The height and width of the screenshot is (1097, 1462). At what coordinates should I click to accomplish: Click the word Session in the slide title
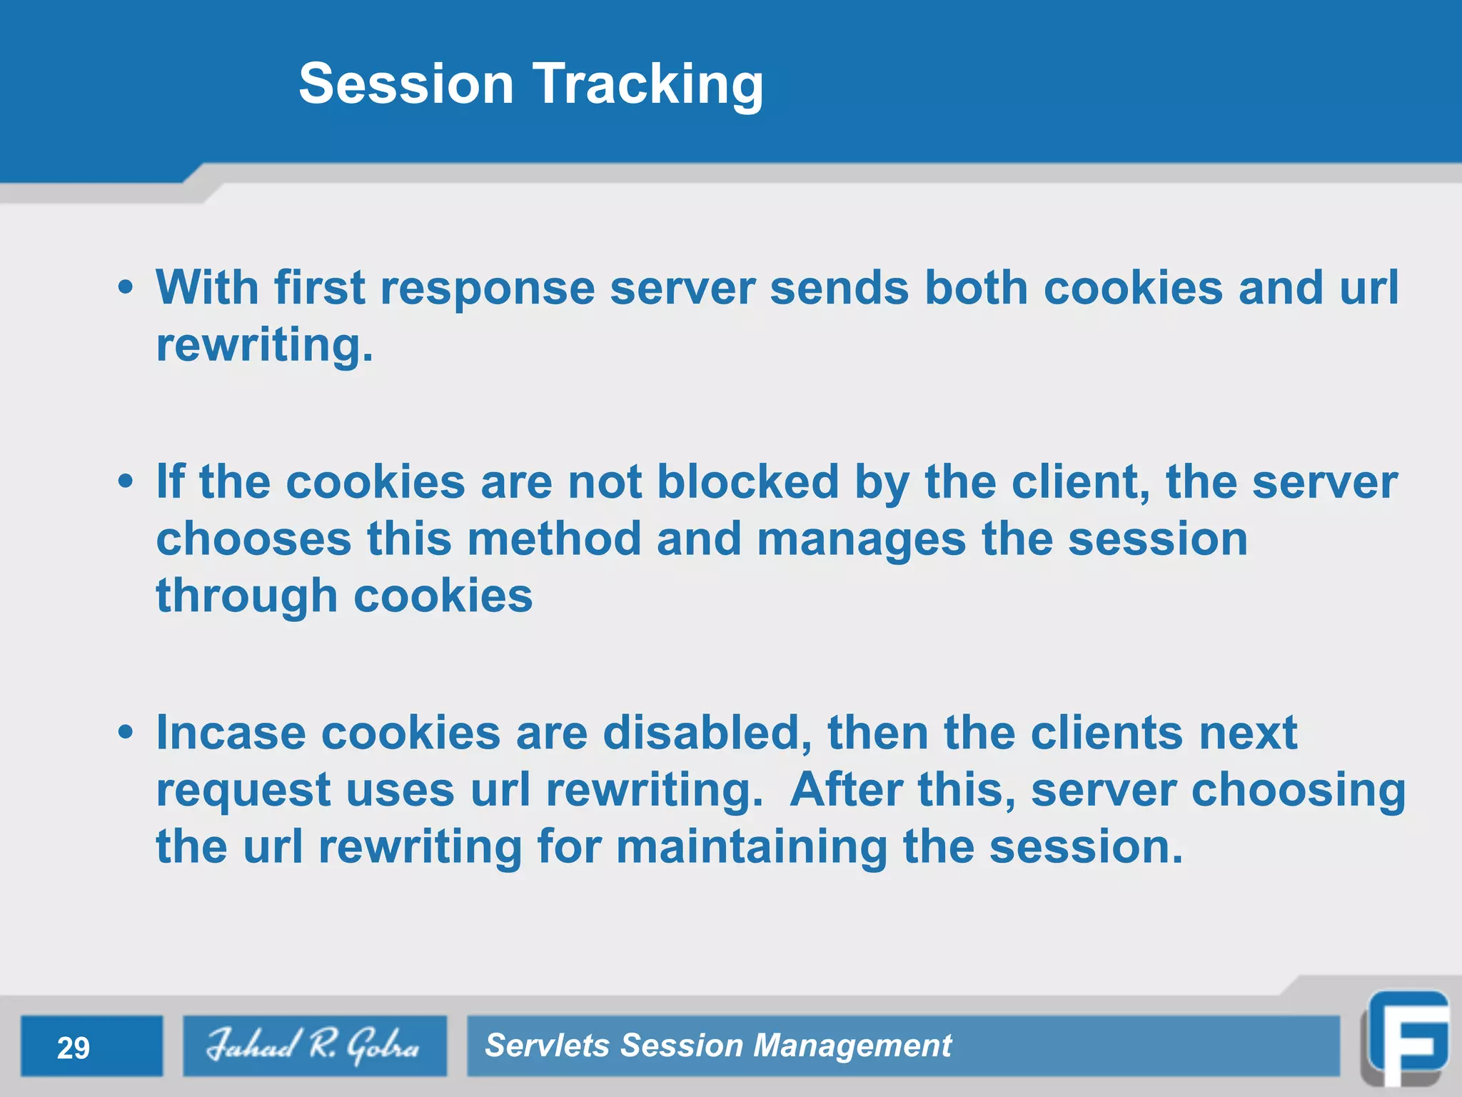[x=405, y=84]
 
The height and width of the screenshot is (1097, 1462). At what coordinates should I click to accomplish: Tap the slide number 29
[x=74, y=1048]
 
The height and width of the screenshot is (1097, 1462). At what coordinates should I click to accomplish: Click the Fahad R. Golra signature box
[x=314, y=1046]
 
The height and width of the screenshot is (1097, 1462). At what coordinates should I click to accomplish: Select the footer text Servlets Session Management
[x=717, y=1046]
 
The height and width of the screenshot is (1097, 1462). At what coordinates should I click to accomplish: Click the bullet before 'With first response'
[x=126, y=289]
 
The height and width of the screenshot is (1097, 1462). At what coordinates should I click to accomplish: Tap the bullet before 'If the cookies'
[x=126, y=482]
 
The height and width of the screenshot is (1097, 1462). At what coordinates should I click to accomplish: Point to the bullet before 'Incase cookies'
[x=126, y=733]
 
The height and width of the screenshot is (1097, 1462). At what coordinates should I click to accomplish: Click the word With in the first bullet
[x=207, y=288]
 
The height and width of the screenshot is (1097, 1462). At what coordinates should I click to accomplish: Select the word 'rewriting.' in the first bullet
[x=264, y=346]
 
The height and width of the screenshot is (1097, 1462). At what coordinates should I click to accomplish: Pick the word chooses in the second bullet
[x=253, y=539]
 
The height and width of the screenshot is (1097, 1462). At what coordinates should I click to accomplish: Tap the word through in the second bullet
[x=246, y=596]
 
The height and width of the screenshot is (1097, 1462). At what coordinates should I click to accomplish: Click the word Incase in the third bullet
[x=230, y=733]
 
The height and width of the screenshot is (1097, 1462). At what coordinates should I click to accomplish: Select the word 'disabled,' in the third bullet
[x=707, y=733]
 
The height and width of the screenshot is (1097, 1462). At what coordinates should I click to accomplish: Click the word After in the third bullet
[x=846, y=790]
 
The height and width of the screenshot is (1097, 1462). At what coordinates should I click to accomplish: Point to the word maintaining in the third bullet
[x=751, y=847]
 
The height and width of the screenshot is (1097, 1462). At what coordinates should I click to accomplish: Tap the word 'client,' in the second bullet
[x=1080, y=481]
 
